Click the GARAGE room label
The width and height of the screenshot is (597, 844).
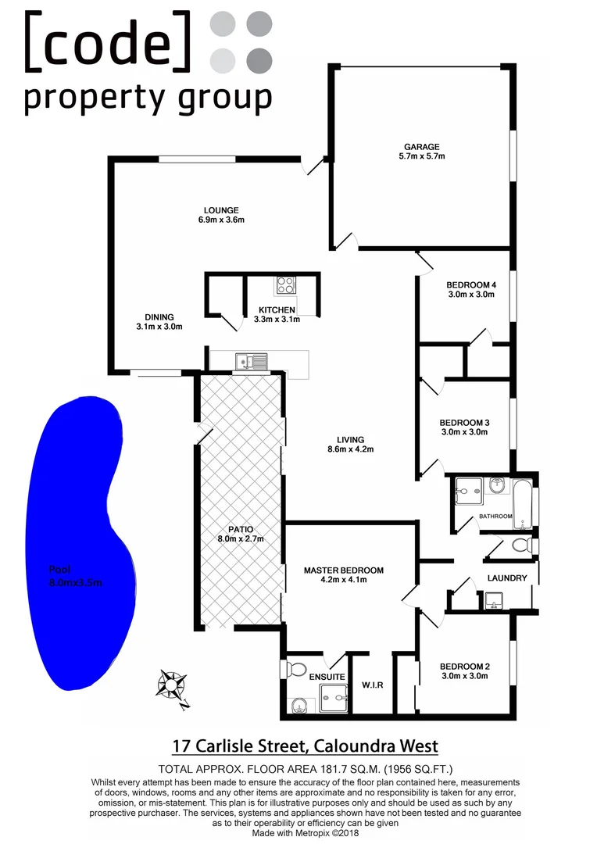click(x=421, y=146)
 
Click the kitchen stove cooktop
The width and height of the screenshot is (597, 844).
click(x=285, y=286)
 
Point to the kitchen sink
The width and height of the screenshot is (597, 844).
click(x=252, y=361)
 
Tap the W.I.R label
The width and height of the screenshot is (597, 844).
click(x=372, y=685)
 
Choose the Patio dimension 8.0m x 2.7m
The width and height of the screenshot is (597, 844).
click(x=241, y=539)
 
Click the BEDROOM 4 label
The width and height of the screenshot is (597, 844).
click(x=471, y=284)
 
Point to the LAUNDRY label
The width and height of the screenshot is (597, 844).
click(x=507, y=578)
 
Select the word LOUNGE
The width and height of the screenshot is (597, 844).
click(x=221, y=209)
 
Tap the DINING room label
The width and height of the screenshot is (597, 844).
click(x=159, y=316)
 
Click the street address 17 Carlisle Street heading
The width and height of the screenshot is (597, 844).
click(x=305, y=746)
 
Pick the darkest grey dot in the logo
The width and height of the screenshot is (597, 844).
click(x=259, y=59)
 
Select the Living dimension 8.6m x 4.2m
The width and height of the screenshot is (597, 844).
click(x=346, y=449)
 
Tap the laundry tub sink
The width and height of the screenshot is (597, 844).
click(x=494, y=601)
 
